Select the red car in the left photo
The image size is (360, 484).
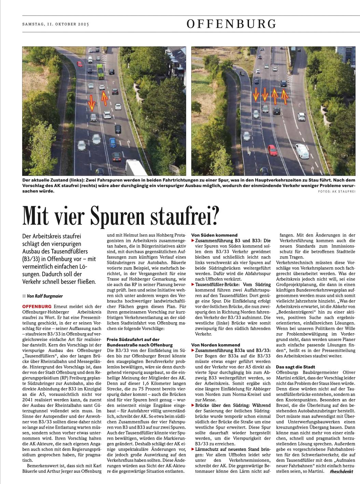(80, 63)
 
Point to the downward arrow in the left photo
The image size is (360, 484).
(92, 103)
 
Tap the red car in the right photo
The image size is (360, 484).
(272, 150)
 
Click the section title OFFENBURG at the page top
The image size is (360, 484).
(231, 24)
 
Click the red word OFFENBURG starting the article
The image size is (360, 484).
(37, 307)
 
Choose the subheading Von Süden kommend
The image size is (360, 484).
(214, 235)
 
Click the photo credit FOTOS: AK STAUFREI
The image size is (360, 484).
(336, 192)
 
